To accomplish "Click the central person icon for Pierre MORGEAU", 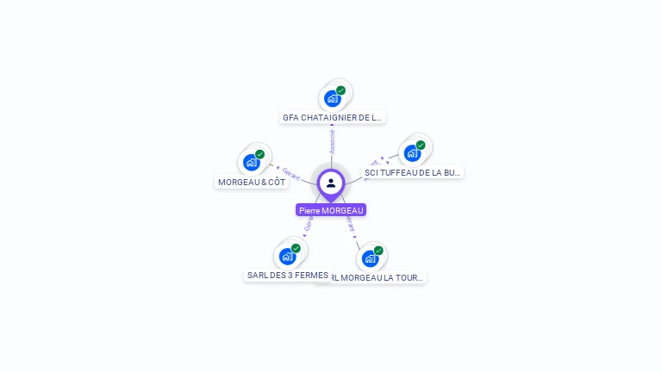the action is [331, 183].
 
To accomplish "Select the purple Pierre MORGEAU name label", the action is [331, 210].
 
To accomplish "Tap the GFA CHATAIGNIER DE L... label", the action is [332, 117].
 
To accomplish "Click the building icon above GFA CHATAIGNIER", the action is [333, 98].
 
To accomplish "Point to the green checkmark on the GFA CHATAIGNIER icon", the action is [340, 90].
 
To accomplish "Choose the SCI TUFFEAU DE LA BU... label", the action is [413, 172].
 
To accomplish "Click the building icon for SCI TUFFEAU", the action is [412, 153].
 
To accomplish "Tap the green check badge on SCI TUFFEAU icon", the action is [421, 146].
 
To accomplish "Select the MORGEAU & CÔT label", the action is [252, 182].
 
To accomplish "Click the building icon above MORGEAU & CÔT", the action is [252, 162].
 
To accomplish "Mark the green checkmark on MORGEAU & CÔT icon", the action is [259, 154].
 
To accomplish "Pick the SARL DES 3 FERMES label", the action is [287, 276].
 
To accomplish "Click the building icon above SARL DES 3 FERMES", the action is [287, 256].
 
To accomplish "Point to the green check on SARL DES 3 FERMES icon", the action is [296, 248].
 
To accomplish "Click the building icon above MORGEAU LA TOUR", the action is [370, 257].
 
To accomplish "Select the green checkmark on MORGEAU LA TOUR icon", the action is [378, 251].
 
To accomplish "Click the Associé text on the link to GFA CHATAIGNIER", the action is [333, 142].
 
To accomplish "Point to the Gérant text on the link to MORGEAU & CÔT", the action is [290, 173].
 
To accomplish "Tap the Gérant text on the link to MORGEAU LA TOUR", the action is [349, 225].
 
